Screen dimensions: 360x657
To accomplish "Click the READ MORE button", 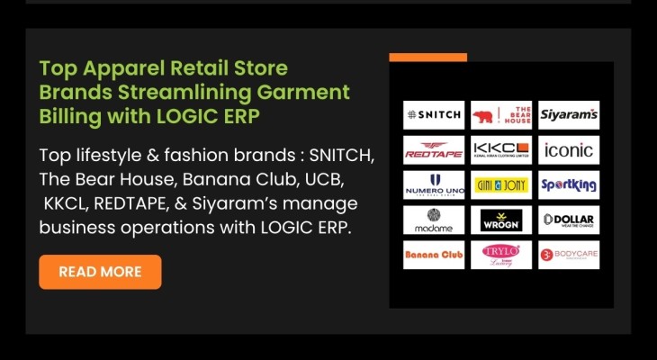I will click(100, 272).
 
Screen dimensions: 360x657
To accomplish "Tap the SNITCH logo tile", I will click(434, 115).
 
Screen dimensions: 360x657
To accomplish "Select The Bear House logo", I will click(501, 115).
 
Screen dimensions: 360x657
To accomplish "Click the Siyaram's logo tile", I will click(569, 115).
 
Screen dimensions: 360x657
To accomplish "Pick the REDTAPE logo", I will click(434, 149).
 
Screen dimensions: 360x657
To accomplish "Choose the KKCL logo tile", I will click(501, 149).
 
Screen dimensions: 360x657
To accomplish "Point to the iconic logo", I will click(569, 149).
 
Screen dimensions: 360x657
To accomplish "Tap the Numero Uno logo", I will click(434, 184).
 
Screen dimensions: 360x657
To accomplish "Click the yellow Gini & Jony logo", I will click(501, 184).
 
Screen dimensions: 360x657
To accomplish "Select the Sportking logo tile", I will click(569, 184).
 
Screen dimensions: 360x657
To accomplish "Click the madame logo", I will click(434, 220).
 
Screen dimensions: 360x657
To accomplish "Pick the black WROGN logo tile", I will click(501, 220).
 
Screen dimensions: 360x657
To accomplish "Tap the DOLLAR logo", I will click(569, 220).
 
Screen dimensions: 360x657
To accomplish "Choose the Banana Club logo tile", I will click(434, 255).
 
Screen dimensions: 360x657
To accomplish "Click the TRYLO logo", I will click(501, 255).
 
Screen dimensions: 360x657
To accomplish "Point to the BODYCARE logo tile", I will click(569, 255).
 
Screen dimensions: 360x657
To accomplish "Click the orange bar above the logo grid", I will click(427, 58).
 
